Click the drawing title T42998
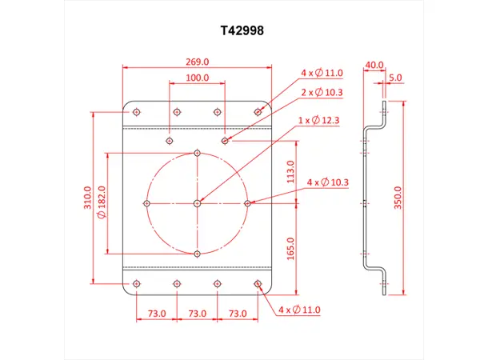pos(242,31)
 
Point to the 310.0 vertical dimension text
pos(89,197)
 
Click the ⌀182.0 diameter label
pos(102,202)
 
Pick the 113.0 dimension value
pos(290,173)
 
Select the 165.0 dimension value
pos(290,249)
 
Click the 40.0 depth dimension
pos(374,65)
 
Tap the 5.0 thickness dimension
pos(396,78)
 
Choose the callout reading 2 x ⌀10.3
pos(322,94)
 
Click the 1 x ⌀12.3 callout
pos(318,121)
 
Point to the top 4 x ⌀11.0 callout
pos(322,73)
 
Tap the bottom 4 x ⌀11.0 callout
pos(299,309)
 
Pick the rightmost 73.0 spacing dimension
pos(238,314)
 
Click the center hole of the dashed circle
pos(197,203)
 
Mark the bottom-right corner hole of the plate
pos(258,283)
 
